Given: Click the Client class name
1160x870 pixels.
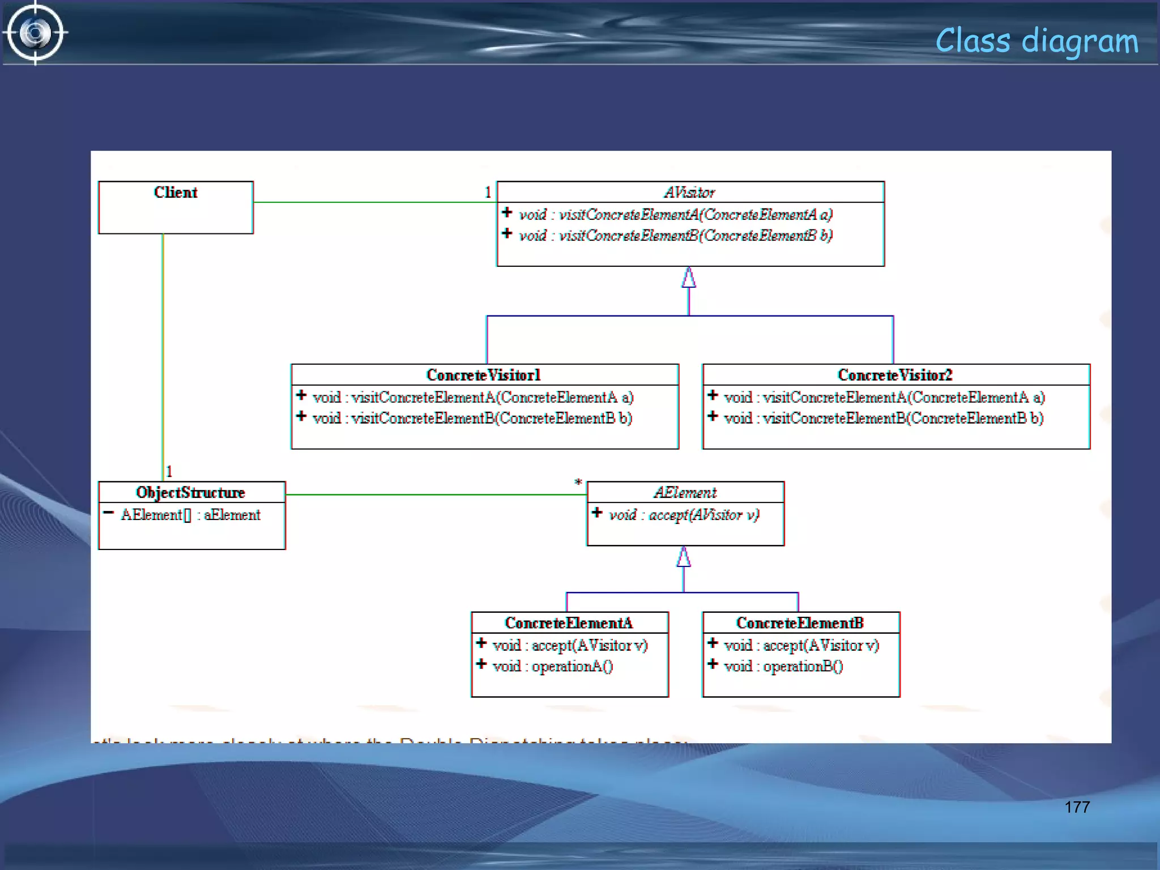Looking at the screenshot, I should pos(176,193).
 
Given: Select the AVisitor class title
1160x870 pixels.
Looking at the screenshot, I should pos(689,193).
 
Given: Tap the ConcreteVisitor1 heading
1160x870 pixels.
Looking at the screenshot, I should pos(484,375).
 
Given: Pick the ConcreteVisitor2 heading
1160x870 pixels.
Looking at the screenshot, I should pos(895,375).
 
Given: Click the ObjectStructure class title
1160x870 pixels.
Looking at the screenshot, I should pos(190,492).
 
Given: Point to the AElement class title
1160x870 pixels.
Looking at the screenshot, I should pos(685,492).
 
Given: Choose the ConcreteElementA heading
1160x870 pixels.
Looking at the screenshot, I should pos(569,623).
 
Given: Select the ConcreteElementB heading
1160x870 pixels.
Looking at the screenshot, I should pos(800,623).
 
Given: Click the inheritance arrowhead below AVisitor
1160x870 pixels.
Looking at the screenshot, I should pos(689,278).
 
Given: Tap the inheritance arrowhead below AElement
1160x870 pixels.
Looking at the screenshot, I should pos(684,557).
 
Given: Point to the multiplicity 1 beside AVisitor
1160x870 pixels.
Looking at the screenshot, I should pos(488,193).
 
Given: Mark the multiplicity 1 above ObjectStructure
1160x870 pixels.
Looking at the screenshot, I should pos(169,471).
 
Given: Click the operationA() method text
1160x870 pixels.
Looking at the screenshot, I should pos(553,667).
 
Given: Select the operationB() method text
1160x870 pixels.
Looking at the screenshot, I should pos(783,667).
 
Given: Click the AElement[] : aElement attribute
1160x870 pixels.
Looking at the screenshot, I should pos(190,515).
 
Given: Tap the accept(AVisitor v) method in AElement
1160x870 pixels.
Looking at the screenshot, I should pos(684,515).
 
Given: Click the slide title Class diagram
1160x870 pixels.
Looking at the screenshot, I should pos(1036,41).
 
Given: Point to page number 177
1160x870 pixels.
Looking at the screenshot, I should pos(1077,807).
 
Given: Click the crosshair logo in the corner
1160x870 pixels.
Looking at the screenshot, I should pos(35,33).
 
